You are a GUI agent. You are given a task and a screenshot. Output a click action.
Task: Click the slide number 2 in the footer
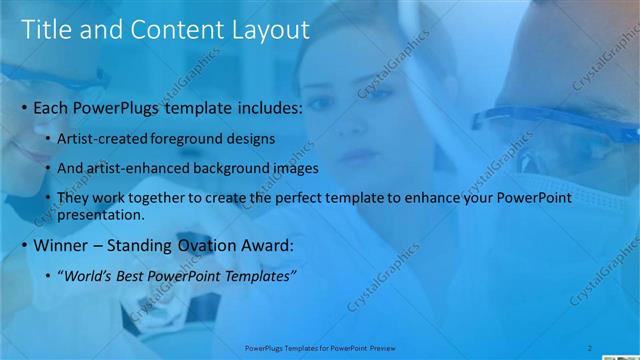click(x=590, y=347)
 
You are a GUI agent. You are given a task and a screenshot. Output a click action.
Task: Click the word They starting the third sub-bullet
click(x=73, y=198)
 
